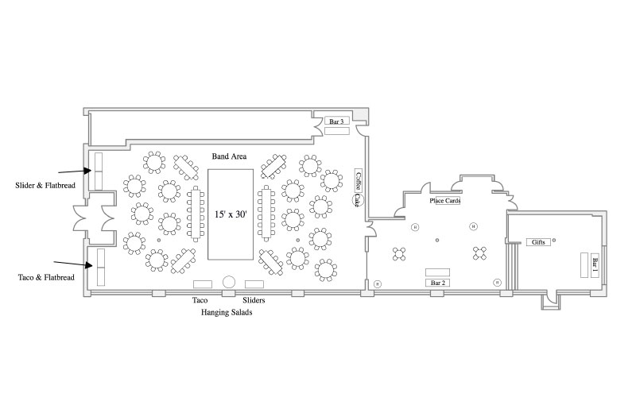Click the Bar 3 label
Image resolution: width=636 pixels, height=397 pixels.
click(x=336, y=121)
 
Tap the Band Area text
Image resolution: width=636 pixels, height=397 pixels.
click(x=229, y=156)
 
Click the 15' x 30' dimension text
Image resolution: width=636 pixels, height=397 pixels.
click(x=232, y=214)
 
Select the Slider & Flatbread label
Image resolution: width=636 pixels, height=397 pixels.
click(x=45, y=186)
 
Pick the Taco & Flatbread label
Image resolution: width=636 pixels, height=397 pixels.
click(x=46, y=277)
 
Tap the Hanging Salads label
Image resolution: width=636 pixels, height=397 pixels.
click(x=227, y=314)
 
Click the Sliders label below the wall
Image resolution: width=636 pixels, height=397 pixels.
click(x=254, y=301)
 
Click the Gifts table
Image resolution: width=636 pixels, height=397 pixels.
click(x=538, y=241)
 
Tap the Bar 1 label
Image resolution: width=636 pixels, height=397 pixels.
click(x=594, y=264)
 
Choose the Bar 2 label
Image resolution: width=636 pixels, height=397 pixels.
click(x=437, y=283)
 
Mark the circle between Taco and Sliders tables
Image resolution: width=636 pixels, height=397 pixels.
click(x=229, y=282)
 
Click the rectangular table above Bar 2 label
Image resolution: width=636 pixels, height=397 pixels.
click(x=437, y=272)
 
